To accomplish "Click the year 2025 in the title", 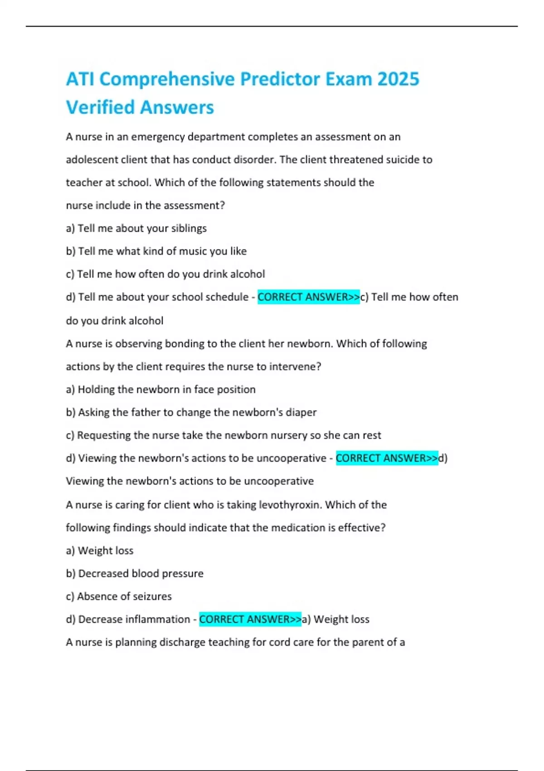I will pos(398,79).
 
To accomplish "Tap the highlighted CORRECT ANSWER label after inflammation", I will pos(250,620).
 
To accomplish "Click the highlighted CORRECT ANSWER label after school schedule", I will pos(309,297).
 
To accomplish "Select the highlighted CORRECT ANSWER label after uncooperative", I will pos(387,459).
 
